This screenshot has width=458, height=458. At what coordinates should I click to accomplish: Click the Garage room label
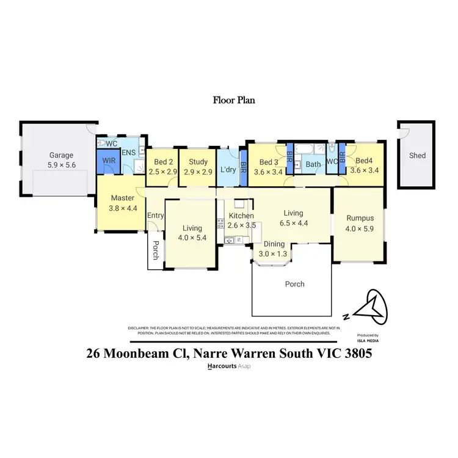61,155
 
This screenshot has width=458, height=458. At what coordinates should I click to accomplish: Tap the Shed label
417,156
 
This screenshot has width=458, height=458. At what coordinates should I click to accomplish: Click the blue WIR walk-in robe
108,161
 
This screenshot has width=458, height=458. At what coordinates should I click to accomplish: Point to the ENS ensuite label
128,153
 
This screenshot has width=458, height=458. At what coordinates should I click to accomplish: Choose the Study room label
198,162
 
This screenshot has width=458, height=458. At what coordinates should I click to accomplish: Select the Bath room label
313,164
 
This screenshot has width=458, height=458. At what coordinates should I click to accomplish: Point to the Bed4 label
365,162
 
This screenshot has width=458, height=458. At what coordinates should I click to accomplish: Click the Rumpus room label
359,218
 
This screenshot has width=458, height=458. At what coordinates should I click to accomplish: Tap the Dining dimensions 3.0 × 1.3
273,253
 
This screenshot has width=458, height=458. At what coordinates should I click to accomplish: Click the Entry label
156,215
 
